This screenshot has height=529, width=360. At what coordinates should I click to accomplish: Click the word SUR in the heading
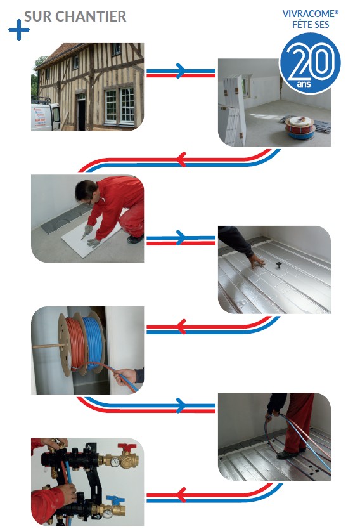[x=37, y=16]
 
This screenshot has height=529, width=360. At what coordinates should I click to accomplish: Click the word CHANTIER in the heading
[x=91, y=16]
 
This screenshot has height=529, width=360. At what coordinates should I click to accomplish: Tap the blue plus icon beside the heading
[x=18, y=30]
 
